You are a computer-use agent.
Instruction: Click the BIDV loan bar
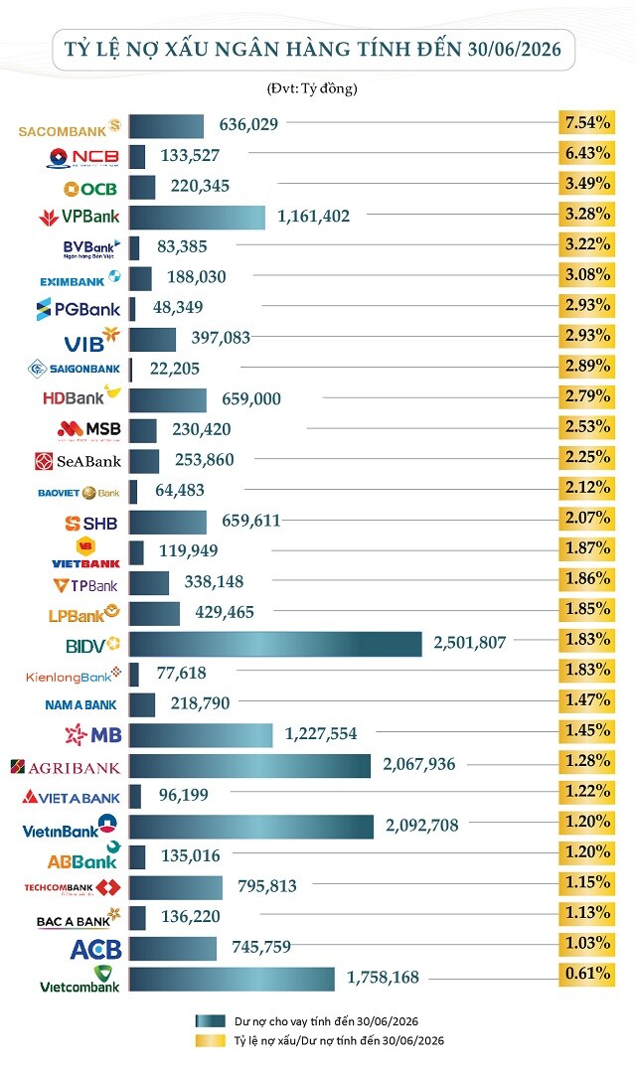(275, 644)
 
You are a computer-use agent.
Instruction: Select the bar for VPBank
(197, 218)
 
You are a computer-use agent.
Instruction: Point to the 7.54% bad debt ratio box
(586, 123)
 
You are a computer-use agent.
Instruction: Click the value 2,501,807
(469, 643)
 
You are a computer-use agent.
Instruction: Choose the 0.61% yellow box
(586, 974)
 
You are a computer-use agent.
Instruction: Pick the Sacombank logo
(70, 129)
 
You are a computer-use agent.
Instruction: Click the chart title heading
(312, 50)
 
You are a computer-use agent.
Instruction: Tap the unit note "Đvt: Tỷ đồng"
(312, 88)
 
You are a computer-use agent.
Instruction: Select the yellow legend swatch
(210, 1041)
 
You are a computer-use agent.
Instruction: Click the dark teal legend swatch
(210, 1021)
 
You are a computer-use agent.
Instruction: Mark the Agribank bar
(249, 766)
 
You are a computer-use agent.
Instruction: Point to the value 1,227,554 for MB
(321, 733)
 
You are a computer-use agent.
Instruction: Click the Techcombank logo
(73, 887)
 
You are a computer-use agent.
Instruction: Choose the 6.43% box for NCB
(586, 153)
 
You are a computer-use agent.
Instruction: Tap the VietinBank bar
(250, 827)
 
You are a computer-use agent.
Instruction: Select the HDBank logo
(81, 395)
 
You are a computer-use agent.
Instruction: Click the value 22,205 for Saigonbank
(175, 369)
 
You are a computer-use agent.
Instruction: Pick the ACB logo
(96, 950)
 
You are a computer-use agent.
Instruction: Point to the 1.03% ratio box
(586, 943)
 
